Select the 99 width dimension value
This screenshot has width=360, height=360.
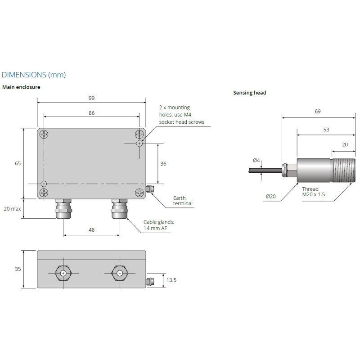click(91, 98)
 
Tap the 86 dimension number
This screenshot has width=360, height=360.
click(91, 113)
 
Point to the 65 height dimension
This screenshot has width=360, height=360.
click(18, 163)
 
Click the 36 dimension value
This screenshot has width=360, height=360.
click(163, 164)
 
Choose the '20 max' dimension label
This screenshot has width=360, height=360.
click(12, 209)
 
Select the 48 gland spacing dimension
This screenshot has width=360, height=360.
click(91, 229)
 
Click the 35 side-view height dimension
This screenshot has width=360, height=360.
click(18, 269)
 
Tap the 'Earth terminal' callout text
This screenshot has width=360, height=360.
click(183, 201)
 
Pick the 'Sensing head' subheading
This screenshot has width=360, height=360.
click(250, 93)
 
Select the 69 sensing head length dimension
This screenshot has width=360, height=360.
click(318, 112)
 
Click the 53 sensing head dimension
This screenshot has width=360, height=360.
click(326, 130)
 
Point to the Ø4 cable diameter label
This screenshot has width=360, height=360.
click(256, 160)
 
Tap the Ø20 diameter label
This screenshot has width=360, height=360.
click(270, 196)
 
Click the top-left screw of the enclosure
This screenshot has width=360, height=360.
click(44, 134)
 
